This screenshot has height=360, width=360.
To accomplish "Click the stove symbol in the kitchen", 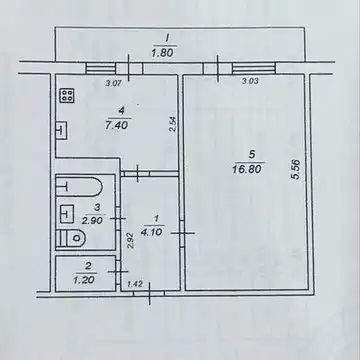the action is pos(68,96).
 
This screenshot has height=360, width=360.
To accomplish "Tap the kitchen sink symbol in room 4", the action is pos(62,130).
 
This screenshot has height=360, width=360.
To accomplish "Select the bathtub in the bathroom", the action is pos(78,187).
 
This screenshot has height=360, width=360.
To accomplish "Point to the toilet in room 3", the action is pos(71,238).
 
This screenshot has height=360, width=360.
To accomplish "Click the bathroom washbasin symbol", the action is pos(67,213).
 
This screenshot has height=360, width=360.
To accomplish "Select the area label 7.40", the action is pos(118,126).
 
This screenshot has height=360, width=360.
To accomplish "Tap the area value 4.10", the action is pos(151,231).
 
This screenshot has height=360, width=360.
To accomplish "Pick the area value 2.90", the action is pos(94,220).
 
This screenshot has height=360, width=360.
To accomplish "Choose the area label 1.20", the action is pos(84,279).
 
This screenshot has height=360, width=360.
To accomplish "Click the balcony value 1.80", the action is pos(164,53).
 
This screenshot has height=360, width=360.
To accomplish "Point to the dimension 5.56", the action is pos(296,170).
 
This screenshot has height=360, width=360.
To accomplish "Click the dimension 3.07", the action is pos(112,84).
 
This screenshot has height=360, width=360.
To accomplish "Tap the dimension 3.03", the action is pos(250,81).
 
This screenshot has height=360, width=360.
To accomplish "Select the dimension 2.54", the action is pos(173,124).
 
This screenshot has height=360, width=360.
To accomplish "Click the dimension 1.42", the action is pos(135,284).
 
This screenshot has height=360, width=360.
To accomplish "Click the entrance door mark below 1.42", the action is pos(149,294).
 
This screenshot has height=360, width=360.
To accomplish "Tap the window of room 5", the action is pos(254,68).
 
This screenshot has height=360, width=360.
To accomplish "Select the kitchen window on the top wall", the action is pos(101,68).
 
